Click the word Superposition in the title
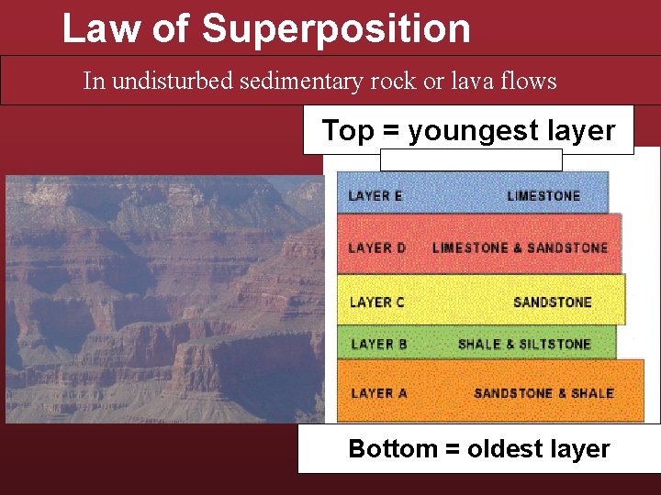pyautogui.click(x=336, y=29)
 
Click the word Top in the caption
pyautogui.click(x=348, y=131)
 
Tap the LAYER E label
pyautogui.click(x=375, y=196)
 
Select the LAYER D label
pyautogui.click(x=377, y=247)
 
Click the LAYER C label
pyautogui.click(x=377, y=302)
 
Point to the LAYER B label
pyautogui.click(x=378, y=344)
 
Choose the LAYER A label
pyautogui.click(x=378, y=393)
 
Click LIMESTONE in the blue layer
pyautogui.click(x=543, y=196)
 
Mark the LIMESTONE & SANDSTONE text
pyautogui.click(x=520, y=247)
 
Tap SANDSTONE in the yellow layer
pyautogui.click(x=553, y=302)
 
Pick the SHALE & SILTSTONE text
pyautogui.click(x=524, y=344)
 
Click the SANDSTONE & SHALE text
pyautogui.click(x=543, y=393)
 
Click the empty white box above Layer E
pyautogui.click(x=470, y=159)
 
